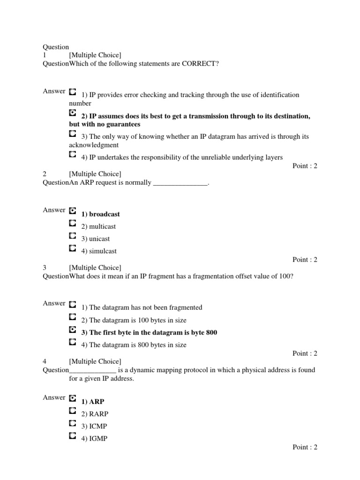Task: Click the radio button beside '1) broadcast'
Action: pos(72,211)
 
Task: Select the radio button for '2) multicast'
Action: pos(72,223)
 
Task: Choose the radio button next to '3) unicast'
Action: pos(72,235)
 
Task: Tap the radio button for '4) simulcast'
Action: pos(72,247)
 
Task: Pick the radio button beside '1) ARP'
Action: pos(72,398)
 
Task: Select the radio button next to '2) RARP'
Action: pos(72,411)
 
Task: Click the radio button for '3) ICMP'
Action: pos(72,423)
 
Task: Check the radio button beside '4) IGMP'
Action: pos(72,435)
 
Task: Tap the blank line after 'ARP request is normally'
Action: pos(180,183)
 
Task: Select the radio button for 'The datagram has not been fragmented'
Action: pos(72,304)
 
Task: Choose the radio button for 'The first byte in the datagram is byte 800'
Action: pos(72,330)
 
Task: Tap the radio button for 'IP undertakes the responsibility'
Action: pos(72,154)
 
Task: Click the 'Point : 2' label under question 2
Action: pos(305,260)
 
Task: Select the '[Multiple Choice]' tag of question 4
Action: pos(95,361)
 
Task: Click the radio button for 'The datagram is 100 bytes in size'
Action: pos(72,317)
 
